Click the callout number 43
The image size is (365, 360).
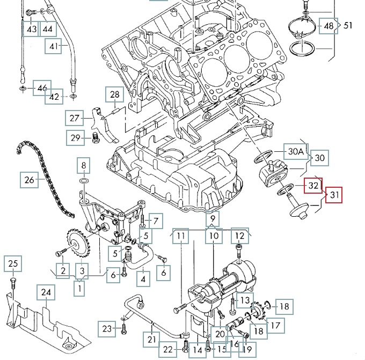[32, 28]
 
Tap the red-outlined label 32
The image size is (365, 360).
[313, 185]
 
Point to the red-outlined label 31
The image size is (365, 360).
[334, 196]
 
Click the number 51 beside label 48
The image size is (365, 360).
[348, 25]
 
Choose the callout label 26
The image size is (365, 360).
[30, 180]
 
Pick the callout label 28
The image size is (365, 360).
[115, 95]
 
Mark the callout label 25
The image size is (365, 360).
[13, 263]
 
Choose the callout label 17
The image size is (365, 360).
[278, 325]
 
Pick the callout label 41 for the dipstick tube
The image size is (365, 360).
[53, 47]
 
